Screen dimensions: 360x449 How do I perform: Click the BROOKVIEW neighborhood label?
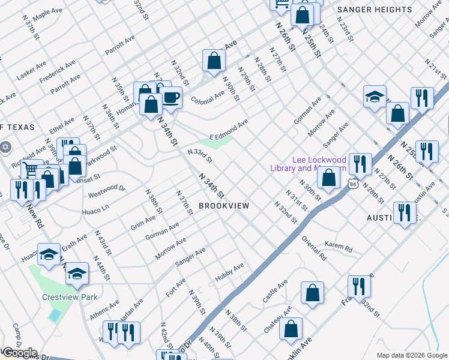point(223,206)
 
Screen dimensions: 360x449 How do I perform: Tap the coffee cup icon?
point(171,98)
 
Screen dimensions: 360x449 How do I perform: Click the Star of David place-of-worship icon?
point(5,147)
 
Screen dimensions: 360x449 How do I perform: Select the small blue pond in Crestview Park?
point(55,314)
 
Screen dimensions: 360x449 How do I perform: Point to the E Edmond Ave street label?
point(229,130)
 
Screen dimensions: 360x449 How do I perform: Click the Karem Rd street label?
point(339,247)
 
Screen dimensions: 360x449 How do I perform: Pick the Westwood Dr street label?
point(107,191)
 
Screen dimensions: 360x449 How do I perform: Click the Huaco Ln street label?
point(95,209)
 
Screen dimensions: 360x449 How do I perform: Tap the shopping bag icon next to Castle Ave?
point(312,293)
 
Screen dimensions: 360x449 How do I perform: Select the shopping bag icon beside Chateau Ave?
point(291,329)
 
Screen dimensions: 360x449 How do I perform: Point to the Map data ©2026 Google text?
point(412,355)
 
